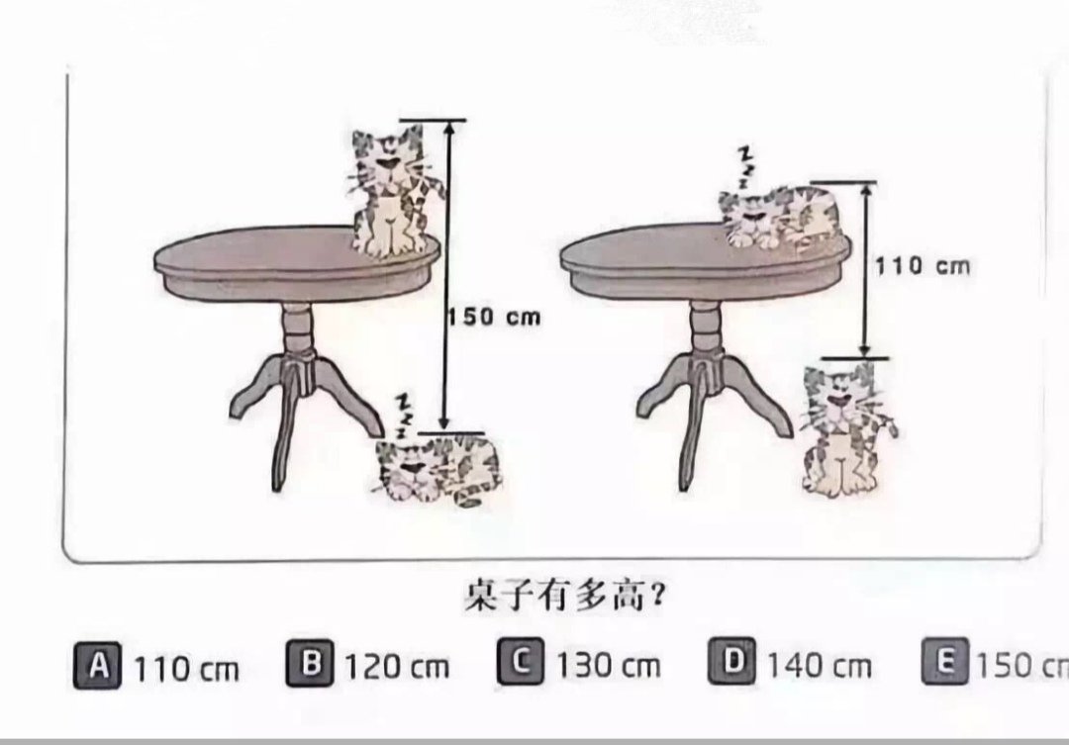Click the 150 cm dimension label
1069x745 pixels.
coord(494,317)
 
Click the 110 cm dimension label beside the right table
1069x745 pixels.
coord(923,266)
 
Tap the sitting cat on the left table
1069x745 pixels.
coord(396,192)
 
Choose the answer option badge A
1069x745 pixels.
coord(97,665)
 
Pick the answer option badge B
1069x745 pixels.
coord(310,663)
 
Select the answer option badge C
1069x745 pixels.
coord(521,661)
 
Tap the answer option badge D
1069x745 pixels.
coord(732,661)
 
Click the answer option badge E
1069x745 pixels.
coord(945,661)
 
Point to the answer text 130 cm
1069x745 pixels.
coord(609,666)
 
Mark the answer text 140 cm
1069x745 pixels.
coord(820,666)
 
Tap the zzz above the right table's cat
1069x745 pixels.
coord(746,166)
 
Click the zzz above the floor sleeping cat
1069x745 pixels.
coord(404,416)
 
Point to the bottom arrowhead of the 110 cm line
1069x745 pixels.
coord(865,349)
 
